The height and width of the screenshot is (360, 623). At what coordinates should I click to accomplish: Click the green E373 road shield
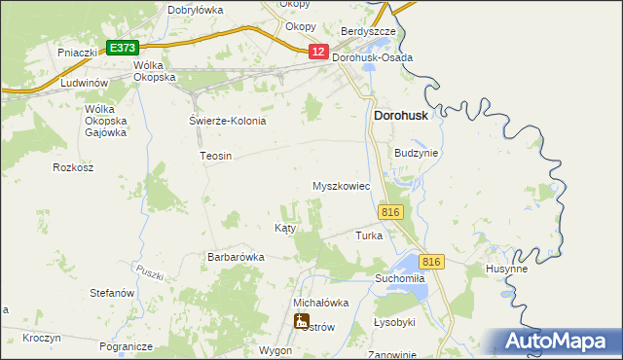[123, 47]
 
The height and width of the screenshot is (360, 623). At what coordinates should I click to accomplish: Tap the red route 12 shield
[318, 52]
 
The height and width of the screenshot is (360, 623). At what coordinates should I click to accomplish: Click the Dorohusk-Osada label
[373, 57]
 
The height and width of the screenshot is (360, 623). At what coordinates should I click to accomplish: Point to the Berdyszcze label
[368, 32]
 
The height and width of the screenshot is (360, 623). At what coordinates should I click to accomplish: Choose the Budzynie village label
[417, 153]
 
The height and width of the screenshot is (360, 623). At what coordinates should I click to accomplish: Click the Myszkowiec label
[341, 186]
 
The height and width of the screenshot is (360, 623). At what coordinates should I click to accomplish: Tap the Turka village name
[369, 235]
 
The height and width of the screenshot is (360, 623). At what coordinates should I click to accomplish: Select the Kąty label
[285, 228]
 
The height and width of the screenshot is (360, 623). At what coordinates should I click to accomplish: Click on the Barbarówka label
[236, 257]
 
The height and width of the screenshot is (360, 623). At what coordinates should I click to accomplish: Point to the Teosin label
[215, 156]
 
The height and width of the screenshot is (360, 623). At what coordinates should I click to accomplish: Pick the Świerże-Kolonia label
[227, 121]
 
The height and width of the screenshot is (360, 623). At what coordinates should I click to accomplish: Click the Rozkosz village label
[73, 167]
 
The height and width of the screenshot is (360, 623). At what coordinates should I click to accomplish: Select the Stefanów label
[111, 293]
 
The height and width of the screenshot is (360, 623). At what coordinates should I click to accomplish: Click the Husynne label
[506, 270]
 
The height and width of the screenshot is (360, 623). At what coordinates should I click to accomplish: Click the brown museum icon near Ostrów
[302, 320]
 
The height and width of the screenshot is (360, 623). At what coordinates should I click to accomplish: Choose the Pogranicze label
[126, 346]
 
